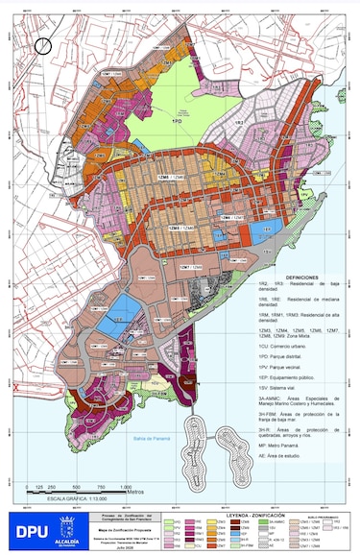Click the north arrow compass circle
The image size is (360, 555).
[x=43, y=44]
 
